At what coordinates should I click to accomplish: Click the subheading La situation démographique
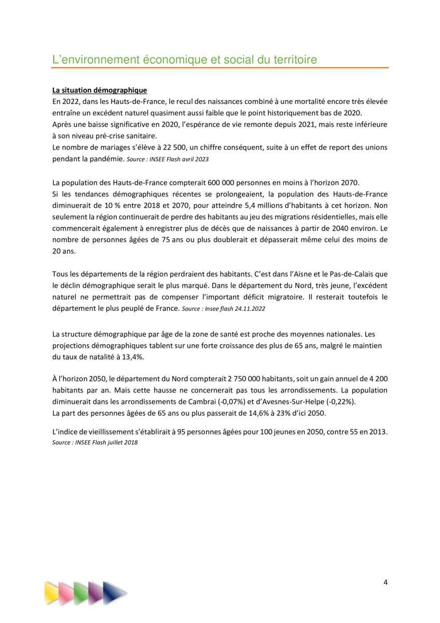coord(100,90)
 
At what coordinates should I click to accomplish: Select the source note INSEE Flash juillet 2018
coord(95,442)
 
